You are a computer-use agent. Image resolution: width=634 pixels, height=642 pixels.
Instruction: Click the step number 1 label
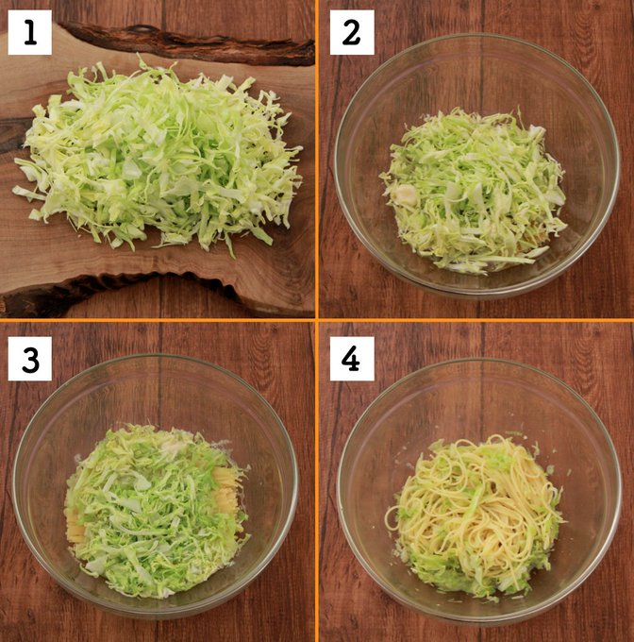pyautogui.click(x=30, y=33)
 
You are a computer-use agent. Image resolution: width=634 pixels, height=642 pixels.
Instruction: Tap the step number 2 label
pyautogui.click(x=352, y=33)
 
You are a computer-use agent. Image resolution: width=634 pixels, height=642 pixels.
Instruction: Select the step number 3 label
pyautogui.click(x=30, y=359)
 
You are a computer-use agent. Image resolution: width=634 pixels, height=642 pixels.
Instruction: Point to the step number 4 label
pyautogui.click(x=352, y=359)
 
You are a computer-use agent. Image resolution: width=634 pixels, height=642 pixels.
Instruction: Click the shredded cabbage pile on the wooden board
pyautogui.click(x=159, y=156)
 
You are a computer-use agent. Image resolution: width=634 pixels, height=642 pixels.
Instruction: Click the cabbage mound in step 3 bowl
pyautogui.click(x=156, y=508)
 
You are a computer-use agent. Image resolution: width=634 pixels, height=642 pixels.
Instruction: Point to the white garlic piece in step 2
pyautogui.click(x=405, y=194)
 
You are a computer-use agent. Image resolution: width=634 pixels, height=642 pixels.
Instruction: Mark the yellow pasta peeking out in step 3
pyautogui.click(x=225, y=491)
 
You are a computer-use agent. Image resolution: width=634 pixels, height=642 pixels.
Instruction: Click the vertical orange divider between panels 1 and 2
pyautogui.click(x=317, y=159)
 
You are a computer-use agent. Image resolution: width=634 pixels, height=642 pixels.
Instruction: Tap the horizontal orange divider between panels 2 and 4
pyautogui.click(x=476, y=320)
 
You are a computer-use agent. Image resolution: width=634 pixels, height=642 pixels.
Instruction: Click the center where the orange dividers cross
pyautogui.click(x=317, y=320)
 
